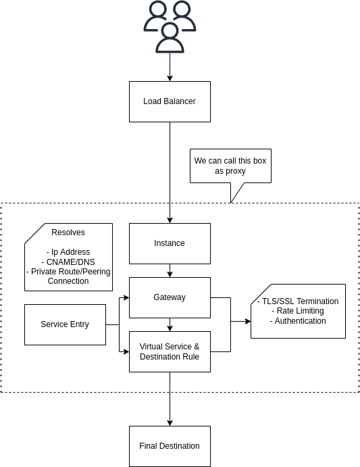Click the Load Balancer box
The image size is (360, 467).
tap(170, 101)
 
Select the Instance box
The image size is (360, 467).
tap(170, 243)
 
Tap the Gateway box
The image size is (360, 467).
tap(170, 297)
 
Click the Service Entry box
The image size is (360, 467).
tap(65, 324)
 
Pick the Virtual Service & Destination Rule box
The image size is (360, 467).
tap(170, 351)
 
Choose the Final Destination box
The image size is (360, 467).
tap(170, 446)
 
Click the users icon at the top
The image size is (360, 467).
tap(170, 27)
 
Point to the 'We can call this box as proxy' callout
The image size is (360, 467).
tap(230, 166)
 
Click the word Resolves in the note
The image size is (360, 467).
tap(68, 232)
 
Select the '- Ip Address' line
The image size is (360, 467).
tap(68, 252)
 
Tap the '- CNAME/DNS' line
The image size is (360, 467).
tap(68, 262)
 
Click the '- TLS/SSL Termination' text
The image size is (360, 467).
tap(298, 301)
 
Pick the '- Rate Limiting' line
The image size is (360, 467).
tap(298, 311)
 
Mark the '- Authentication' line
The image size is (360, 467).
tap(298, 321)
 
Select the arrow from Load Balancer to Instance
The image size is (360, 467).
tap(170, 169)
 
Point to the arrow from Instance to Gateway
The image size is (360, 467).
tap(170, 270)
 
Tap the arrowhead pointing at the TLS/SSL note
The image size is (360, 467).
tap(247, 322)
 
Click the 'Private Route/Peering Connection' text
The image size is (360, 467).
tap(68, 276)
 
